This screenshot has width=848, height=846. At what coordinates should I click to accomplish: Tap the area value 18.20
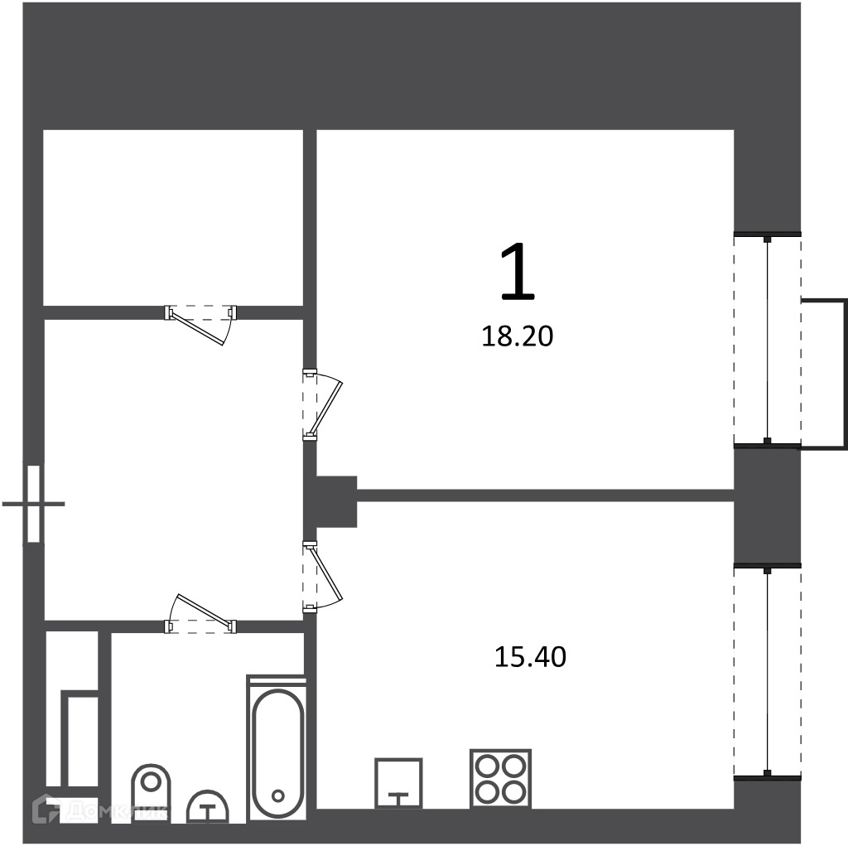[518, 336]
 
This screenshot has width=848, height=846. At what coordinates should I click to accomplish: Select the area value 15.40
[531, 656]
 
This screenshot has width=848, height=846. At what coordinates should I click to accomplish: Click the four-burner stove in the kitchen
[501, 778]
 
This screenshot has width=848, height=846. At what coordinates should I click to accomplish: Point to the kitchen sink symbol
[398, 783]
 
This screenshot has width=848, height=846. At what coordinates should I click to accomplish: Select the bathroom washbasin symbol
[208, 806]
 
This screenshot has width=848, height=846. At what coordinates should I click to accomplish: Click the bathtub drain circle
[278, 795]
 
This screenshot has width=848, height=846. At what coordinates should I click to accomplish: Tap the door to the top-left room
[201, 326]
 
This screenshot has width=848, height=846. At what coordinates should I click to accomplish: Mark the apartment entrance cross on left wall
[33, 504]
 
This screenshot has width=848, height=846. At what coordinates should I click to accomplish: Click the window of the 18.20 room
[767, 340]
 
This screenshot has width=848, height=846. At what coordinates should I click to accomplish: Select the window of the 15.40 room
[767, 671]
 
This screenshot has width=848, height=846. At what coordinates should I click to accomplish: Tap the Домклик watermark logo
[100, 810]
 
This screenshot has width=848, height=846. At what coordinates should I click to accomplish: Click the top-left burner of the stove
[489, 766]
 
